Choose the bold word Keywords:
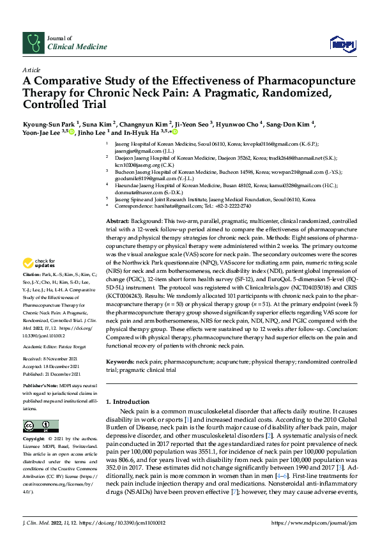pyautogui.click(x=121, y=361)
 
